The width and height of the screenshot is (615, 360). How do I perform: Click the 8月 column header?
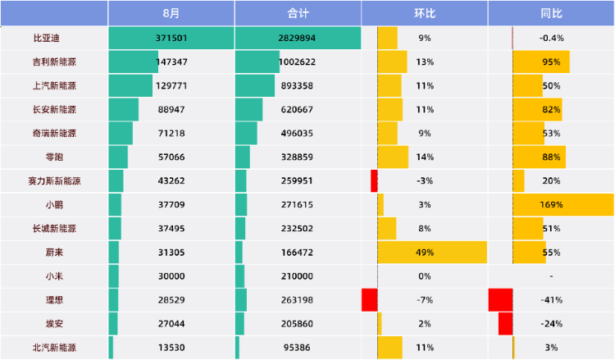coord(171,13)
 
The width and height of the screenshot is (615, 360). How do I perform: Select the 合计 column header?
coord(298,13)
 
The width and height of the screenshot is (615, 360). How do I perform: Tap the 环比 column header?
coord(425,13)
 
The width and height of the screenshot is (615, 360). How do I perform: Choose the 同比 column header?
coord(551,13)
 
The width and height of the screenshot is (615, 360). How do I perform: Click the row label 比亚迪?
coord(47,38)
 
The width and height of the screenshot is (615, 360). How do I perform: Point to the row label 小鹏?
coord(55,204)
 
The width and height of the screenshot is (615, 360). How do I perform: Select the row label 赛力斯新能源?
coord(55,180)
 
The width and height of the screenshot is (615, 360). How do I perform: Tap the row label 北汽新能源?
coord(55,347)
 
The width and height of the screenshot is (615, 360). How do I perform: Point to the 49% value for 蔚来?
coord(425,252)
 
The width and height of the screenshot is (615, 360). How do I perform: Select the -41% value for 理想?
coord(551,299)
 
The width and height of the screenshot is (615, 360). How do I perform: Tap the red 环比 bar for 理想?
coord(369,299)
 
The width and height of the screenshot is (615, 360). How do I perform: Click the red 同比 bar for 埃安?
coord(505,323)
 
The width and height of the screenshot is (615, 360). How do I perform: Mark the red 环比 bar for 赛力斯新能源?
coord(374,180)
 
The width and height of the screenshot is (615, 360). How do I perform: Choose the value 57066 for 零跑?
coord(171,157)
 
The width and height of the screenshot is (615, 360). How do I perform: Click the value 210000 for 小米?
coord(298,276)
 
